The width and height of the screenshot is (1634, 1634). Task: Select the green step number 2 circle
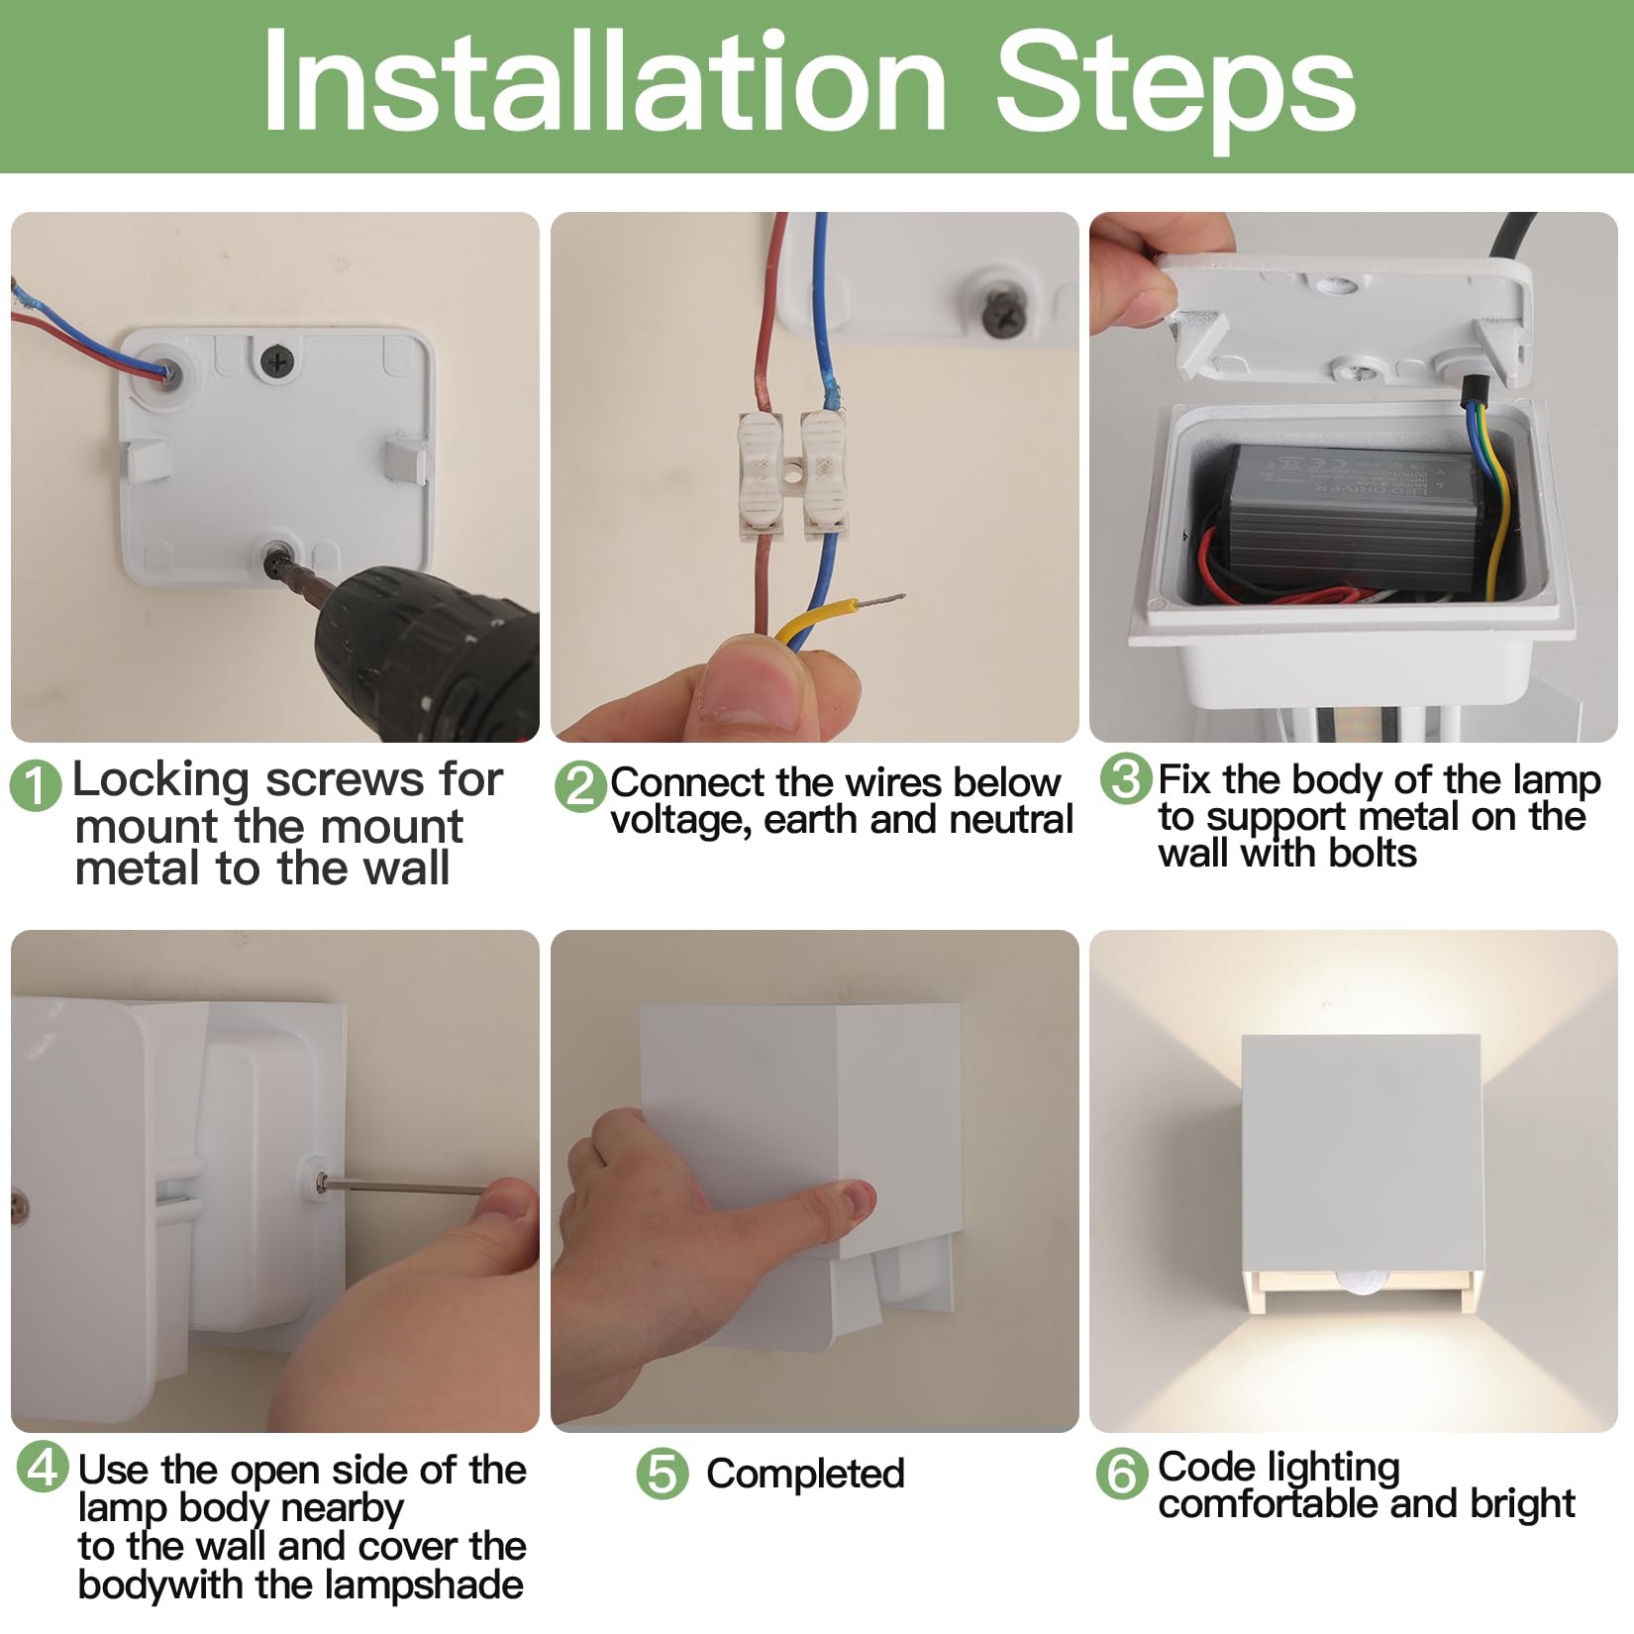click(x=580, y=787)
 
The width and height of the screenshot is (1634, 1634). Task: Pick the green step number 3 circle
click(x=1126, y=778)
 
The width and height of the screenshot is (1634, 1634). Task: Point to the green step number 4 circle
click(x=44, y=1468)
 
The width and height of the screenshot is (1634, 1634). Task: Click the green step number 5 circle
click(x=663, y=1474)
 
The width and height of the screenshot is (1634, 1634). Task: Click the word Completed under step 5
click(x=805, y=1475)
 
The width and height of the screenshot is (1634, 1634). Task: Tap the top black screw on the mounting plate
click(x=277, y=360)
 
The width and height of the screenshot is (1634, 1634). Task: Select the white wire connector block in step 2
click(x=793, y=475)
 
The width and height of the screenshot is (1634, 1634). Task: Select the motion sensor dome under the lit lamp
click(x=1358, y=1281)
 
